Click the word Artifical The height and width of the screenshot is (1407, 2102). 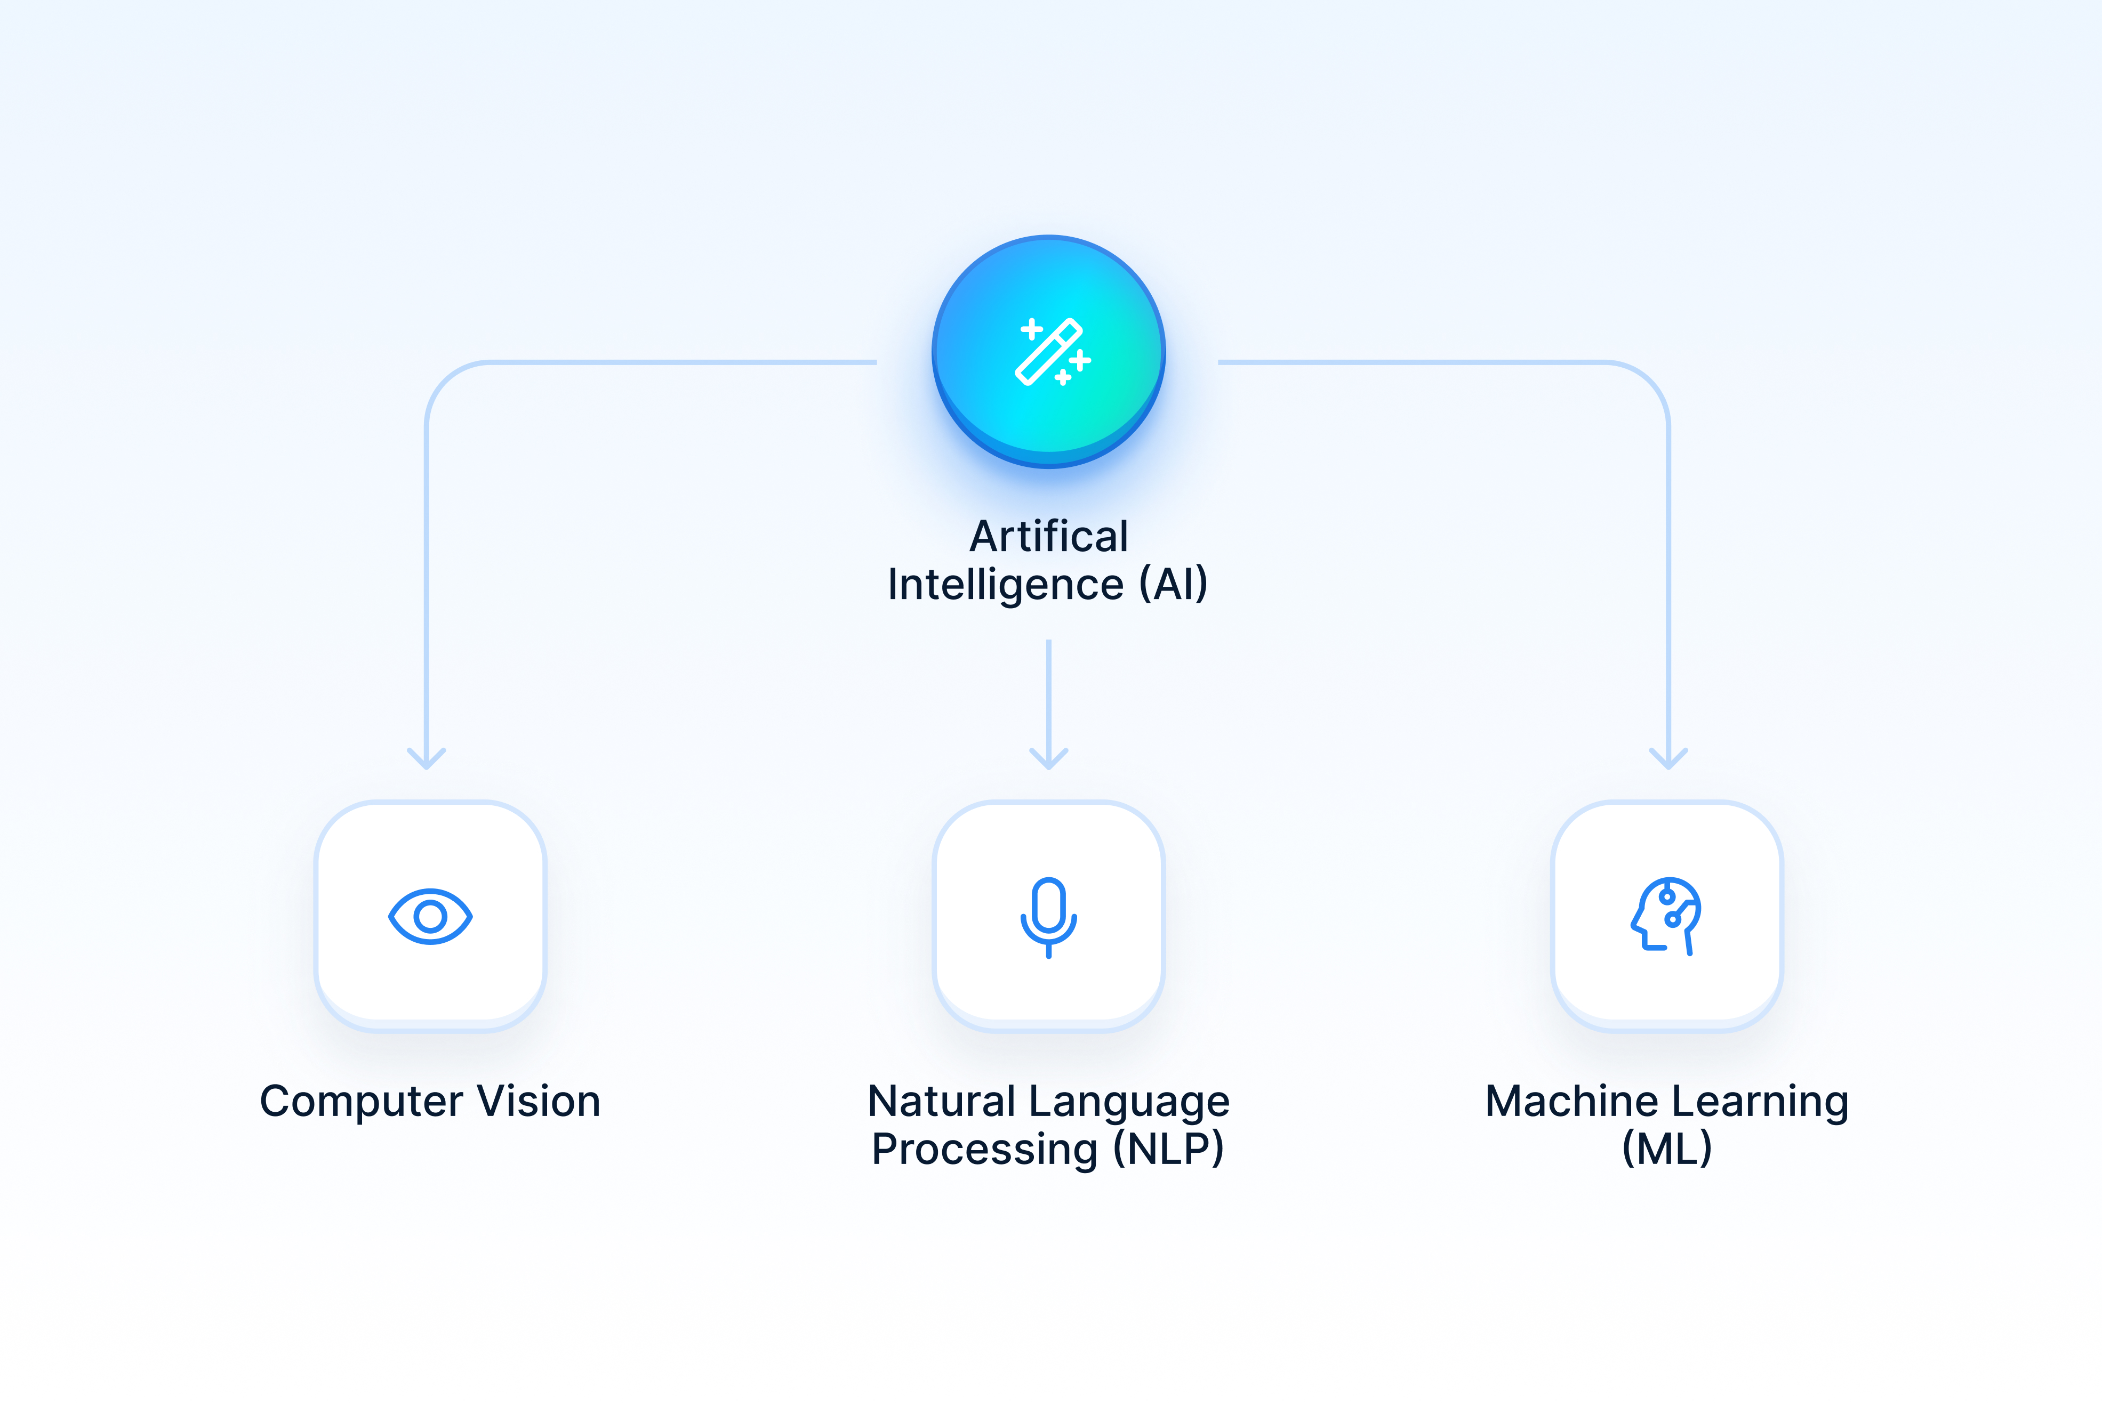pos(1048,537)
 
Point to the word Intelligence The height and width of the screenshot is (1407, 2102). pos(1005,585)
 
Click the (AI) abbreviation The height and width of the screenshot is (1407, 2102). pos(1173,585)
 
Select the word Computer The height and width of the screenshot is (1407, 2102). pos(362,1102)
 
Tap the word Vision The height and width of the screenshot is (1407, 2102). pos(539,1102)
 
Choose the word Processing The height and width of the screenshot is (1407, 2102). pos(984,1150)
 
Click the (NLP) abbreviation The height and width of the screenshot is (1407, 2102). pos(1168,1150)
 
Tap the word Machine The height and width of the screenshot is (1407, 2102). pos(1571,1102)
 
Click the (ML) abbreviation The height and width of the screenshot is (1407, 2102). pos(1667,1150)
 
